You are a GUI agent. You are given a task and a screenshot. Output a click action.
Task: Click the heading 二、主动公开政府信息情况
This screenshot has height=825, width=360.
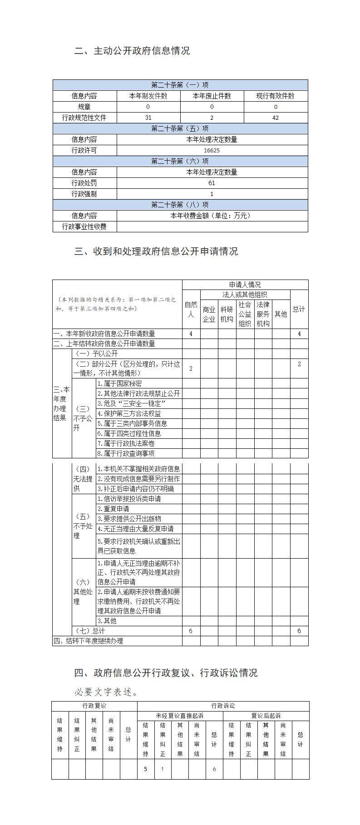pyautogui.click(x=132, y=51)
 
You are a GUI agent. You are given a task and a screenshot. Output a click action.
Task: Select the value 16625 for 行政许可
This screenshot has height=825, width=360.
pyautogui.click(x=212, y=151)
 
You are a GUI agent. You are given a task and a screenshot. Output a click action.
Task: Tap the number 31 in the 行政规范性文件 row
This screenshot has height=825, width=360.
pyautogui.click(x=148, y=118)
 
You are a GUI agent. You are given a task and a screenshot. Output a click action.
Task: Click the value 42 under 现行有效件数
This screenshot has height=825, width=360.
pyautogui.click(x=276, y=118)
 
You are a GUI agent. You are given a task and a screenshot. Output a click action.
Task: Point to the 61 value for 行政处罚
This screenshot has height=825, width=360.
pyautogui.click(x=212, y=183)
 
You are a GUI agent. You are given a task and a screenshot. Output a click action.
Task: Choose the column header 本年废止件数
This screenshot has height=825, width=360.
pyautogui.click(x=212, y=96)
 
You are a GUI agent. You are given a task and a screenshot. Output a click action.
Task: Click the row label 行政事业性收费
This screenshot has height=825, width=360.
pyautogui.click(x=84, y=226)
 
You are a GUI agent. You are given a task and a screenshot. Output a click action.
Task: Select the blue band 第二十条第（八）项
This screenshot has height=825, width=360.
pyautogui.click(x=180, y=205)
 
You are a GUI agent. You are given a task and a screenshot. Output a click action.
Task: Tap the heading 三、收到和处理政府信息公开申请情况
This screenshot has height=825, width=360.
pyautogui.click(x=156, y=251)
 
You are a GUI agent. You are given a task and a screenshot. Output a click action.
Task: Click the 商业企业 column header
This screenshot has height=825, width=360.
pyautogui.click(x=209, y=314)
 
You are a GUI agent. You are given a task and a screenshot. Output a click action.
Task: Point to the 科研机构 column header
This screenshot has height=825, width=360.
pyautogui.click(x=227, y=314)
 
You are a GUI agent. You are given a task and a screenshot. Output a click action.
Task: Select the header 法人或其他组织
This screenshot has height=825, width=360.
pyautogui.click(x=245, y=295)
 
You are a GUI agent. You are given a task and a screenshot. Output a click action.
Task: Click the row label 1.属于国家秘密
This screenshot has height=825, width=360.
pyautogui.click(x=119, y=383)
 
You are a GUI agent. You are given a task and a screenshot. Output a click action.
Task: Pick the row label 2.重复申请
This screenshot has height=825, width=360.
pyautogui.click(x=113, y=509)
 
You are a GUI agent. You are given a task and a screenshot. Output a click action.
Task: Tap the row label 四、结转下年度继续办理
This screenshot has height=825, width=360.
pyautogui.click(x=89, y=641)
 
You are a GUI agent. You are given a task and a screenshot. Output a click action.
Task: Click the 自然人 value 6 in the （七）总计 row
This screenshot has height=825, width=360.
pyautogui.click(x=191, y=631)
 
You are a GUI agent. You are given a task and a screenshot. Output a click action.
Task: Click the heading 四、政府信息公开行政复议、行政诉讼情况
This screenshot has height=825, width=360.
pyautogui.click(x=166, y=673)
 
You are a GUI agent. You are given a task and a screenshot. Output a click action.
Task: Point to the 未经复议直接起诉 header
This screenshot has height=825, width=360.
pyautogui.click(x=180, y=716)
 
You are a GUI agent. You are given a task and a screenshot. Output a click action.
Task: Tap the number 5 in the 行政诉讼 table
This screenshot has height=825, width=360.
pyautogui.click(x=146, y=769)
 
